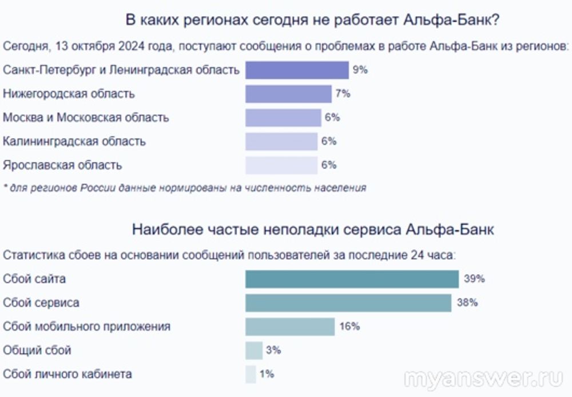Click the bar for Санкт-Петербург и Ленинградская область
click(x=297, y=70)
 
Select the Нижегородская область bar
click(x=288, y=94)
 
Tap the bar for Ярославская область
click(x=281, y=165)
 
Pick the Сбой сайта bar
click(x=352, y=279)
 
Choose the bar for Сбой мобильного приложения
click(x=289, y=327)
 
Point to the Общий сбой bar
click(x=253, y=350)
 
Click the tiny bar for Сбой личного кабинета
click(x=251, y=374)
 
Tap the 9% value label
click(x=360, y=70)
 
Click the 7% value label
click(x=343, y=94)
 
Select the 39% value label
click(x=474, y=279)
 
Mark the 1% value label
click(x=267, y=374)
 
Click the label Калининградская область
click(x=74, y=141)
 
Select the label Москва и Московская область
click(x=86, y=118)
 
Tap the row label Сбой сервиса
click(x=41, y=303)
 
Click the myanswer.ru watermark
click(x=483, y=379)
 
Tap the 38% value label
click(x=467, y=303)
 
